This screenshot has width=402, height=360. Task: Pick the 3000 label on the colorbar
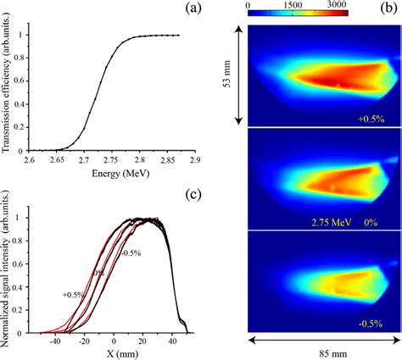click(x=360, y=5)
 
